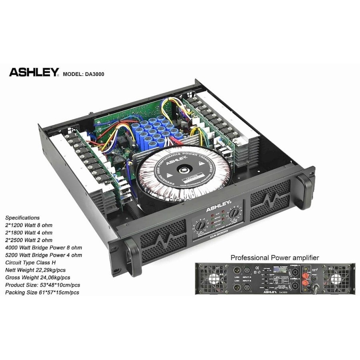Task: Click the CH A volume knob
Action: click(199, 227)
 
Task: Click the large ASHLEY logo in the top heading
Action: click(34, 72)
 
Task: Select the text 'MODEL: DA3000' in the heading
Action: click(84, 74)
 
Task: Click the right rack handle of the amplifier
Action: click(306, 186)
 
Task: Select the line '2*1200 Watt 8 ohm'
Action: click(28, 225)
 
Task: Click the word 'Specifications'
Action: click(22, 218)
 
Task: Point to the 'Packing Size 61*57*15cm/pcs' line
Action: click(42, 292)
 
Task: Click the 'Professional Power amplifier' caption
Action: click(274, 258)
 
